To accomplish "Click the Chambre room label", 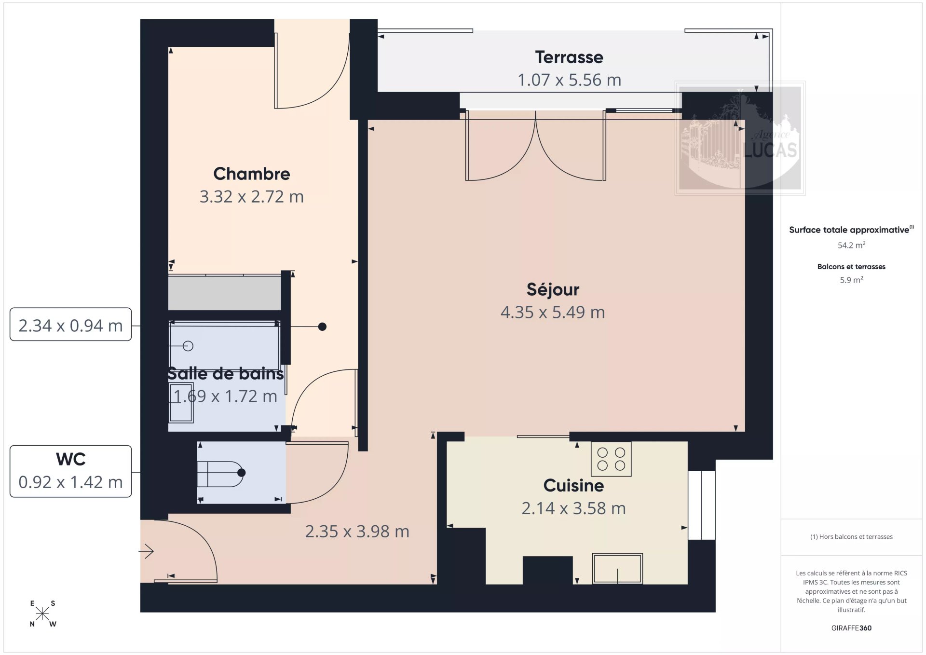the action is click(252, 174).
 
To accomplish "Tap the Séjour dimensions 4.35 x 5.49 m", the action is click(553, 313).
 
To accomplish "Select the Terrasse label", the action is click(569, 57).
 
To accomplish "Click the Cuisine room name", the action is click(573, 485).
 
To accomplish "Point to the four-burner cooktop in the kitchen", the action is click(611, 459).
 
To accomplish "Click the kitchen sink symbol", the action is click(617, 569).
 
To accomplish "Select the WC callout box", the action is click(71, 471).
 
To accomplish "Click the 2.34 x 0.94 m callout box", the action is click(71, 324).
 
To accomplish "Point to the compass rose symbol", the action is click(42, 614).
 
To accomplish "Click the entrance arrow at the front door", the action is click(146, 551).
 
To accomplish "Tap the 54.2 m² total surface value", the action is click(851, 245).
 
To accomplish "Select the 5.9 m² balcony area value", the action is click(851, 280).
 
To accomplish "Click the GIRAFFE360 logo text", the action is click(851, 628).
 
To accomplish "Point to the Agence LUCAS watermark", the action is click(740, 138).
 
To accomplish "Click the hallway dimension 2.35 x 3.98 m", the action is click(357, 532).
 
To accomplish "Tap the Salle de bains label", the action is click(225, 374).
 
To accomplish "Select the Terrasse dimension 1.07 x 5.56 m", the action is click(569, 80).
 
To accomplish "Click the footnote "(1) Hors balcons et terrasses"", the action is click(851, 537).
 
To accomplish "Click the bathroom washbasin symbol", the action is click(181, 402).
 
